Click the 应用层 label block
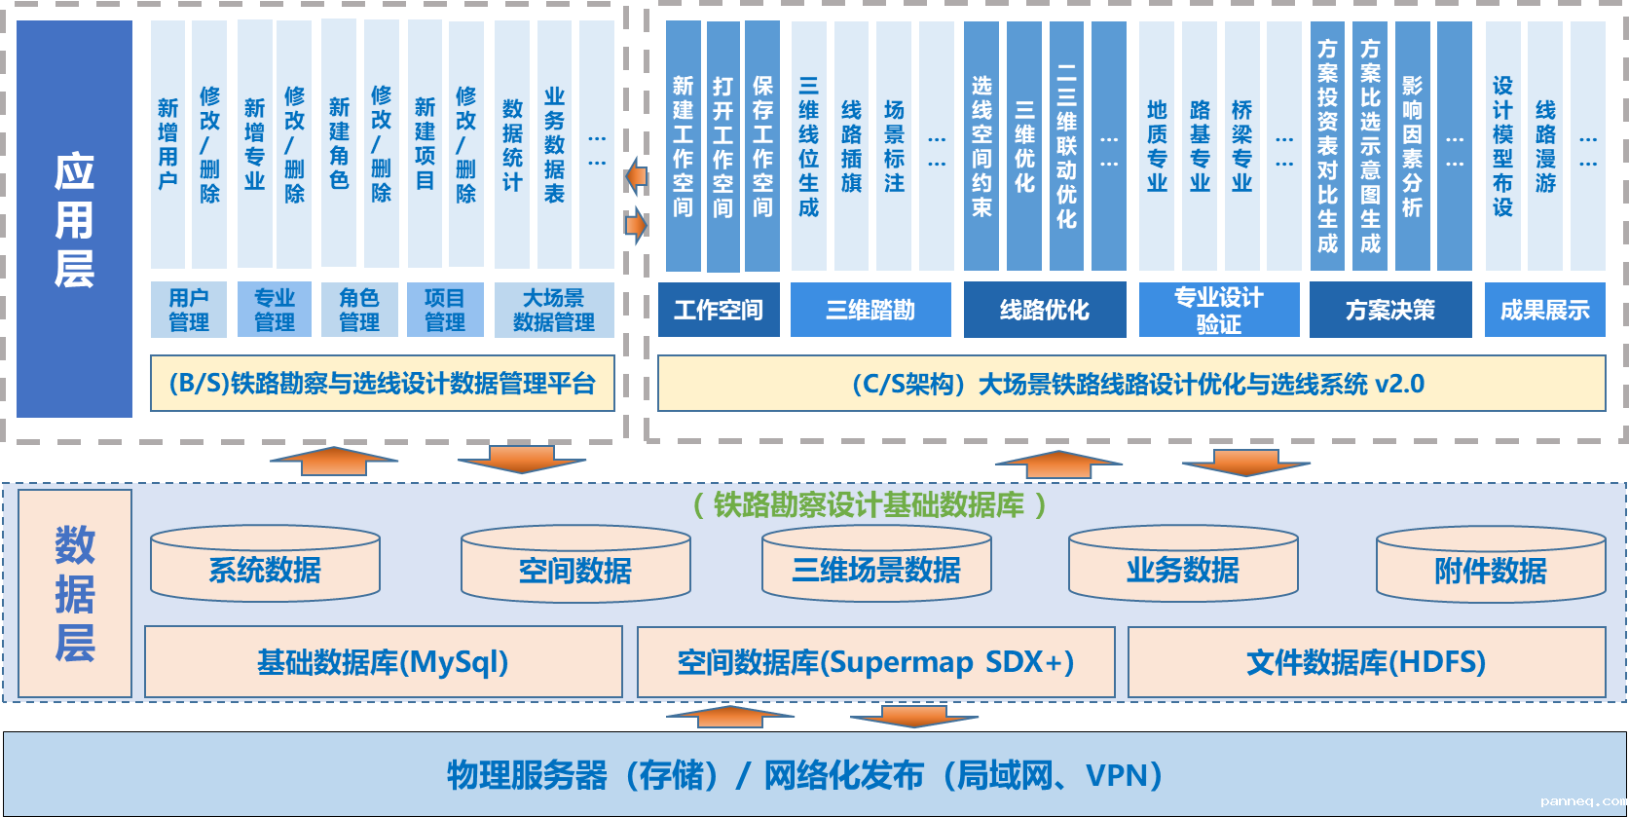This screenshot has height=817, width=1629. [74, 219]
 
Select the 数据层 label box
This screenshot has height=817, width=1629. [75, 593]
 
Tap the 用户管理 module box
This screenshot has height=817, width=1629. [189, 310]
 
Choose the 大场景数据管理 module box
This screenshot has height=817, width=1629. [554, 310]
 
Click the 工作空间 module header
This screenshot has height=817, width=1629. [719, 310]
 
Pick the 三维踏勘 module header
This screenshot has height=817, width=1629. [870, 310]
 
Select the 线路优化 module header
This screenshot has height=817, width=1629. [1045, 310]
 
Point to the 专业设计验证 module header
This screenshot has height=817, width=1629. [1219, 310]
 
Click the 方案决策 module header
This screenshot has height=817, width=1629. [1390, 310]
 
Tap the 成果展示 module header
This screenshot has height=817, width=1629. [1544, 310]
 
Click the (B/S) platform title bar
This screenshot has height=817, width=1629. [383, 384]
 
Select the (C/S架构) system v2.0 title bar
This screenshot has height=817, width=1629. [1131, 384]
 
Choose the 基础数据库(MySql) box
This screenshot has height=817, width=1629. [383, 662]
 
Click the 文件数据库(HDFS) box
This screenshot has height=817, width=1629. [1366, 662]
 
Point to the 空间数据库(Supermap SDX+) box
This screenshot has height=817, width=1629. [875, 662]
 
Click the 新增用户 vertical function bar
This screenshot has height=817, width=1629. [167, 144]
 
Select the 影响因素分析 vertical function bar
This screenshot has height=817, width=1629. [1412, 144]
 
